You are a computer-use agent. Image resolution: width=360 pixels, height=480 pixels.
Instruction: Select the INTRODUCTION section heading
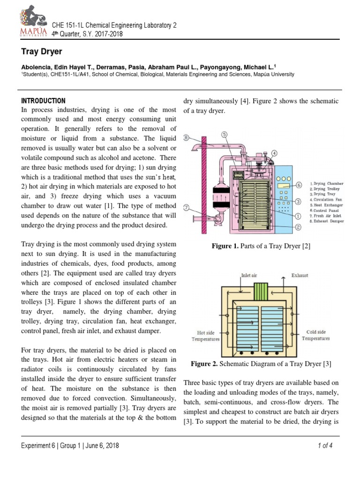44,101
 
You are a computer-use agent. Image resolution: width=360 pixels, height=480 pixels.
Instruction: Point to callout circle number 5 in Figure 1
225,134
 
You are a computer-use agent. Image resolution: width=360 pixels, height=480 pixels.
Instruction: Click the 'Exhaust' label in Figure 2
300,276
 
